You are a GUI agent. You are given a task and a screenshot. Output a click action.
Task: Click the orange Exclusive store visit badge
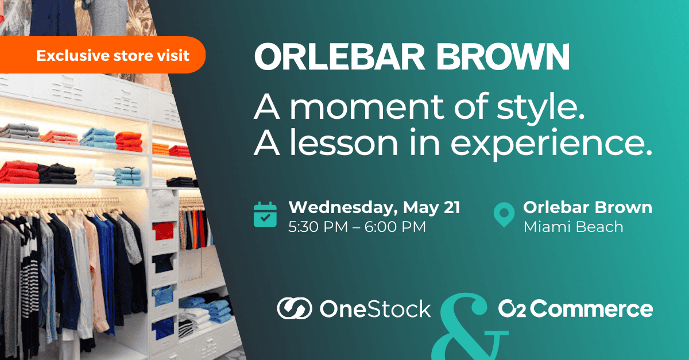[102, 55]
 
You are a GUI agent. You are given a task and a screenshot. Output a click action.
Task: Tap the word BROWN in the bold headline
[503, 57]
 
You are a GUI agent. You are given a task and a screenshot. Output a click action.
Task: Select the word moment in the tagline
[367, 106]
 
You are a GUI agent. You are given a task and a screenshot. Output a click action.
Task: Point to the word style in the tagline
[540, 109]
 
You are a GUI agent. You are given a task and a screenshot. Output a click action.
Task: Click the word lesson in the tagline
[344, 142]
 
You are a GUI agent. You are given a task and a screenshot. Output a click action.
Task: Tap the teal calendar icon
[265, 215]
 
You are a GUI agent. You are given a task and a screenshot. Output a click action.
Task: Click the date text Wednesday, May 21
[374, 208]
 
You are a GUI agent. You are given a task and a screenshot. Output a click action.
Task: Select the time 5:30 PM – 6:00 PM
[357, 227]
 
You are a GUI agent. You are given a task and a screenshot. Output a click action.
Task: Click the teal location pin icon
[504, 215]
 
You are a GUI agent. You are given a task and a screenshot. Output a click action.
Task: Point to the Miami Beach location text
[574, 227]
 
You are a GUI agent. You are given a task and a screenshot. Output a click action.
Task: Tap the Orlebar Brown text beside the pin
[588, 207]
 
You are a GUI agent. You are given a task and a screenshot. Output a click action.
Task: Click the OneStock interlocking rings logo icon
[295, 308]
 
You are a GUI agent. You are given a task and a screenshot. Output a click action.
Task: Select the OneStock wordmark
[376, 309]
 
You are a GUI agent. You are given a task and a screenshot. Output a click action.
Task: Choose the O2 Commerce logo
[575, 309]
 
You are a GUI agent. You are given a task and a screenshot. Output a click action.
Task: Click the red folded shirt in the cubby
[162, 231]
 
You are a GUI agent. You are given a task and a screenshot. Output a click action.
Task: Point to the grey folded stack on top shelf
[20, 131]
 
